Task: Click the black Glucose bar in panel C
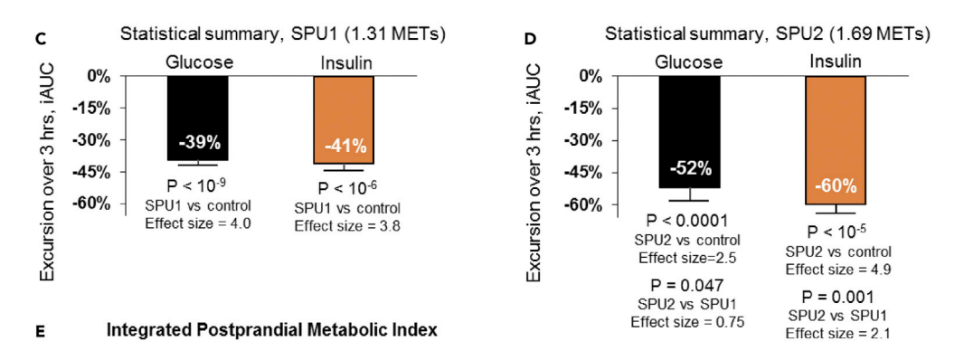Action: point(198,118)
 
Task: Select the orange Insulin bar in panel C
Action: point(344,120)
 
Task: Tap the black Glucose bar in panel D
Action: point(690,132)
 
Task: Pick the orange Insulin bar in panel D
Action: point(836,139)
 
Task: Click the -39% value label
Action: point(199,143)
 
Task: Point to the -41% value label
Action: point(345,147)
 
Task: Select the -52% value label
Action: point(690,167)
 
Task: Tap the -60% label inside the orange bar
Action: point(836,185)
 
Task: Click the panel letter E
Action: point(41,332)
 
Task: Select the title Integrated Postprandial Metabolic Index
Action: point(272,330)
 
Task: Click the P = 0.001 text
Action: point(837,297)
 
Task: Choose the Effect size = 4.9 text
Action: point(837,269)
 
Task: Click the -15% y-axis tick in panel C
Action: point(91,109)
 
